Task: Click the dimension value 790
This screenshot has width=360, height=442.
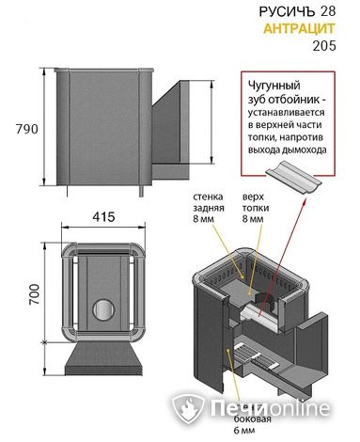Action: click(27, 129)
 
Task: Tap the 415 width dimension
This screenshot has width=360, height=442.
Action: click(103, 216)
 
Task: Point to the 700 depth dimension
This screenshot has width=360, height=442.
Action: click(34, 294)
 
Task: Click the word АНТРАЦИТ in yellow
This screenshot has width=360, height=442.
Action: click(299, 28)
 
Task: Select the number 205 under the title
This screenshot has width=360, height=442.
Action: click(324, 46)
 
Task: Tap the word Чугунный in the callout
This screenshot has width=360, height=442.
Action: click(274, 86)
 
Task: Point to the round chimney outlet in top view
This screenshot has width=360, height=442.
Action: click(103, 309)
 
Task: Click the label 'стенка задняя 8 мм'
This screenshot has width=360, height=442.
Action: click(209, 208)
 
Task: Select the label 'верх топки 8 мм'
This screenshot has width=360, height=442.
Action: click(255, 208)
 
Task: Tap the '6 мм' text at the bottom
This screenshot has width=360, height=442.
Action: click(244, 431)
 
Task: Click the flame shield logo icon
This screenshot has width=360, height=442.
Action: click(188, 408)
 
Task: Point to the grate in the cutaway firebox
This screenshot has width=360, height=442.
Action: click(253, 355)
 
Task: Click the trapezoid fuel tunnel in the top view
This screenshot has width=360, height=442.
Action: click(103, 358)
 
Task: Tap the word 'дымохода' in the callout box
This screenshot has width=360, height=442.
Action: click(307, 150)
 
